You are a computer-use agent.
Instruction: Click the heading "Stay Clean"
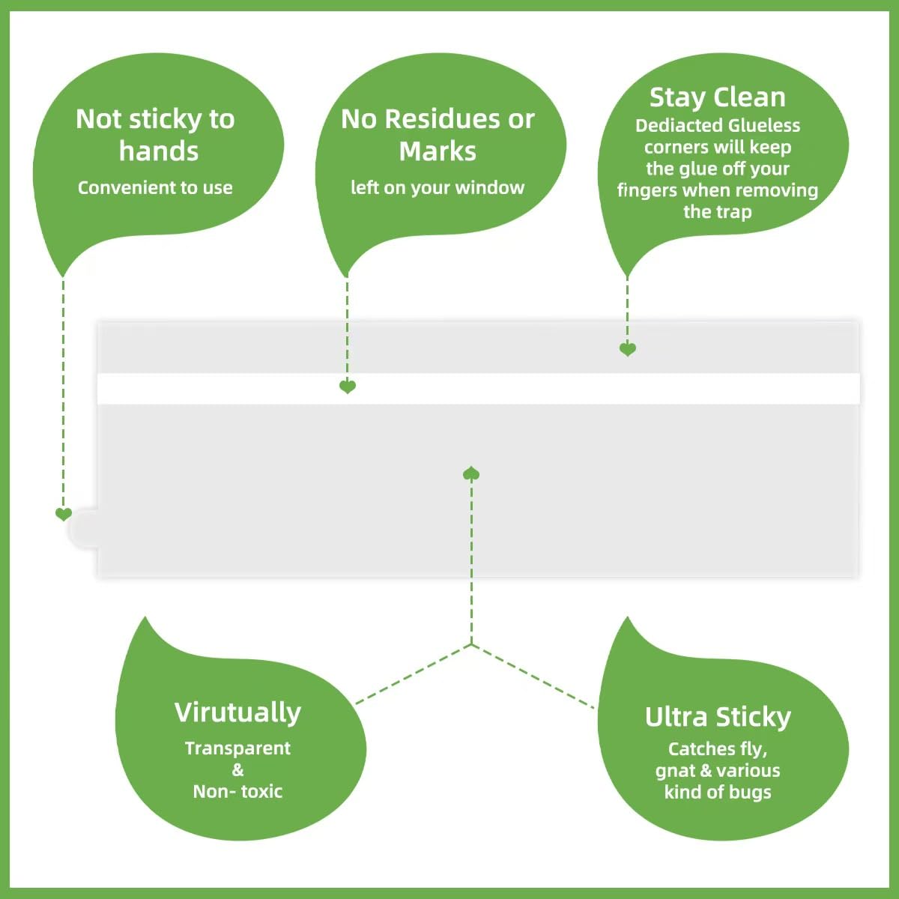[x=718, y=98]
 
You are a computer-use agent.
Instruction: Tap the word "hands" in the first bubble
[x=159, y=151]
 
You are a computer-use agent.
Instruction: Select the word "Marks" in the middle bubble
[x=438, y=151]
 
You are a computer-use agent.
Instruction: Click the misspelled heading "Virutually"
[x=238, y=713]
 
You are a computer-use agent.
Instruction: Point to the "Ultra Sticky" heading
[x=718, y=717]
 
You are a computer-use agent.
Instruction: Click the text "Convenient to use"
[x=155, y=187]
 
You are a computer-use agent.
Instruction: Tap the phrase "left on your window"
[x=438, y=187]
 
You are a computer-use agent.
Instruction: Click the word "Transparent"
[x=238, y=748]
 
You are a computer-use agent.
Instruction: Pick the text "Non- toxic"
[x=238, y=791]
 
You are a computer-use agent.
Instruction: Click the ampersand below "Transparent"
[x=238, y=770]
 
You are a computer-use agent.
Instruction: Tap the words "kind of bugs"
[x=718, y=792]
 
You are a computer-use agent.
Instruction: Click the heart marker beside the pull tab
[x=64, y=514]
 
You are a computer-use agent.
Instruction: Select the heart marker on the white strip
[x=347, y=387]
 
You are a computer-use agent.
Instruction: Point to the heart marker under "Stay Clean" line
[x=628, y=349]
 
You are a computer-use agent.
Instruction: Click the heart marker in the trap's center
[x=471, y=473]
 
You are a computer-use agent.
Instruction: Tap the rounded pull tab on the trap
[x=84, y=530]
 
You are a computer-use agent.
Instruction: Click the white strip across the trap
[x=478, y=388]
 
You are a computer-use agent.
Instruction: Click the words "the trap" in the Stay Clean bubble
[x=718, y=212]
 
